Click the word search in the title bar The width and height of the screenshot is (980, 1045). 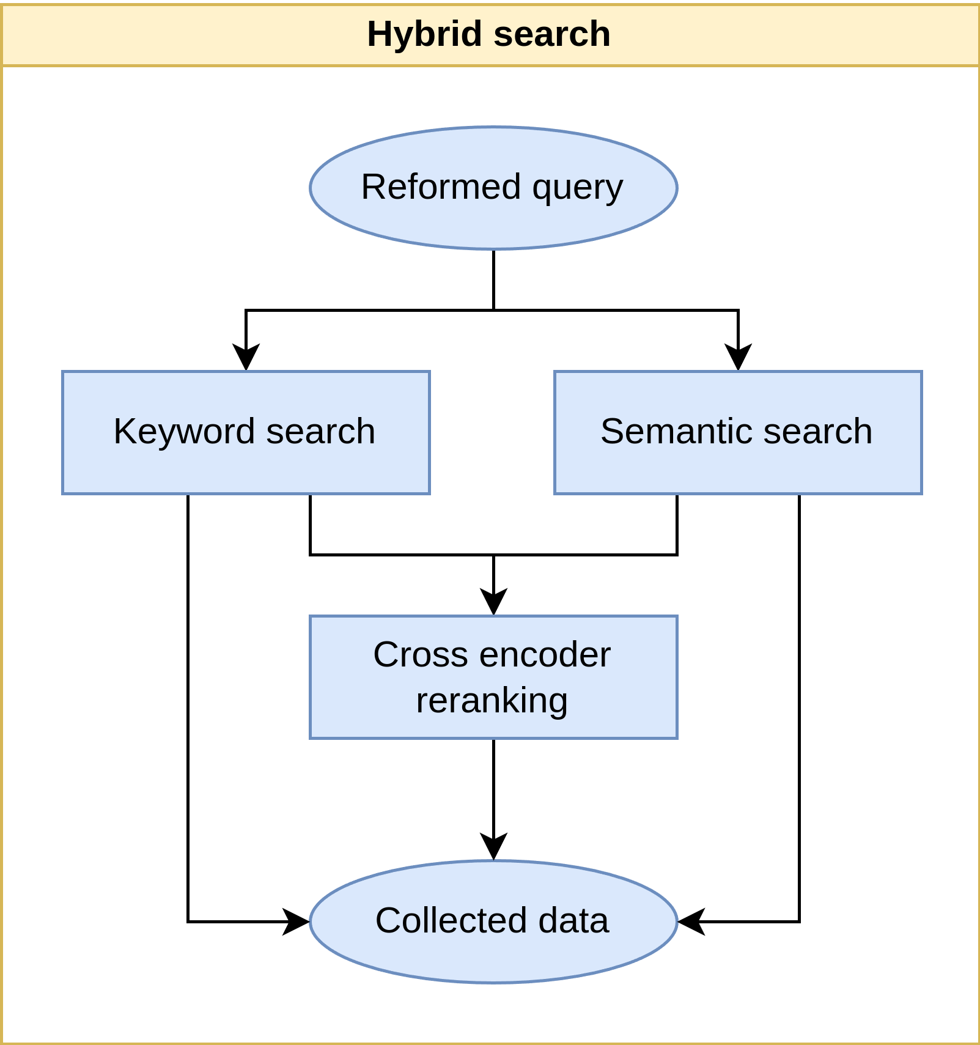[552, 34]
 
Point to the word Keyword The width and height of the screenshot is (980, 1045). [184, 432]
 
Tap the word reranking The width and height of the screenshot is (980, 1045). [492, 701]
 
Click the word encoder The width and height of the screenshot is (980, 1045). [545, 655]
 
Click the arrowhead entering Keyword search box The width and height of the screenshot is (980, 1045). [246, 358]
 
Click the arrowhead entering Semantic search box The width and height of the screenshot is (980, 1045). [738, 358]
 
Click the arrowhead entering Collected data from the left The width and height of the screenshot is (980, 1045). [297, 921]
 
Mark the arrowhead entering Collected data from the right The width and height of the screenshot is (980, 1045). [690, 921]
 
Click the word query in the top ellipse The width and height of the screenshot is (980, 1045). [578, 187]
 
